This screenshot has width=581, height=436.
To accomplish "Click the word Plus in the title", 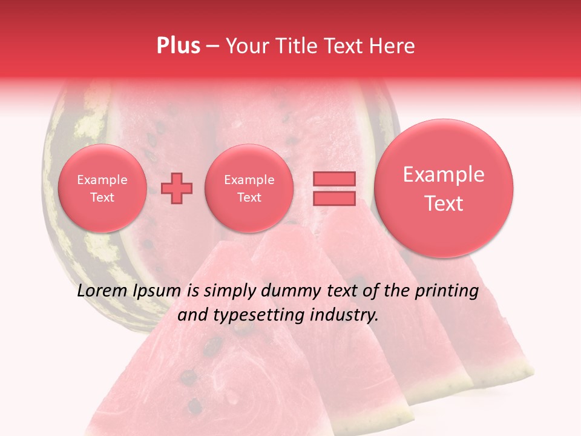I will (x=178, y=45).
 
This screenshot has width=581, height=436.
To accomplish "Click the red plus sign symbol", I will (x=177, y=188).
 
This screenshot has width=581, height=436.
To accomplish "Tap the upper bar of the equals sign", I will (x=333, y=179).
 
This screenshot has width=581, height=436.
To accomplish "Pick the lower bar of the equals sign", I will (x=333, y=198).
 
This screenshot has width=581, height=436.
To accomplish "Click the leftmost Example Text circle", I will (x=102, y=188).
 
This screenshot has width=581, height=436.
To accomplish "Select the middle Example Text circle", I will (x=249, y=188).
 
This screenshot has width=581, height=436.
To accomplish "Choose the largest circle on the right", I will (x=444, y=188).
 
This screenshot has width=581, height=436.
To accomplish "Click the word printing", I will (x=446, y=291).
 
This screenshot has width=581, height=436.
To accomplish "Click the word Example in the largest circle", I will (x=444, y=174).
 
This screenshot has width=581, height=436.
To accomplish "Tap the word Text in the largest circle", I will (x=444, y=203).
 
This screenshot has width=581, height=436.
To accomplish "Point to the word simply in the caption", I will (x=229, y=291).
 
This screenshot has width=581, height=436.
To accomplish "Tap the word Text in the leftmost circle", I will (x=102, y=197).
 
